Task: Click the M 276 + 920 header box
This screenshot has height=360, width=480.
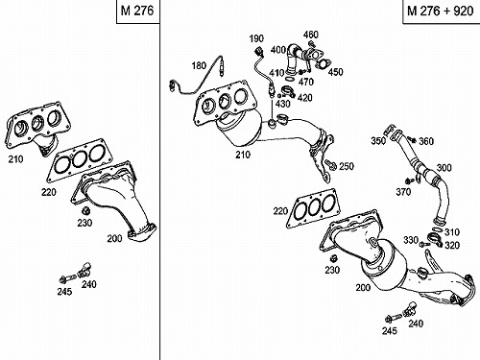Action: point(441,12)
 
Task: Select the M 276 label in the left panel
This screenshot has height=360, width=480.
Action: point(137,11)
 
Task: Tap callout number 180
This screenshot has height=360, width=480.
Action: point(199,65)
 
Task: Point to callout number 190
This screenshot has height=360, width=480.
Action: point(256,38)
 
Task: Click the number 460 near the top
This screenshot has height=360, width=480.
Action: point(311,35)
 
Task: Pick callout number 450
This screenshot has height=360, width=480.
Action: point(335,72)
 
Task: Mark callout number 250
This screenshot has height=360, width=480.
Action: point(347,166)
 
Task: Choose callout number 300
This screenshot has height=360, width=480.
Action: point(444,168)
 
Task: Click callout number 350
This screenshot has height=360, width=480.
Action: point(378,140)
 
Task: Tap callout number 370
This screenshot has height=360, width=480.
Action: point(403,192)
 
